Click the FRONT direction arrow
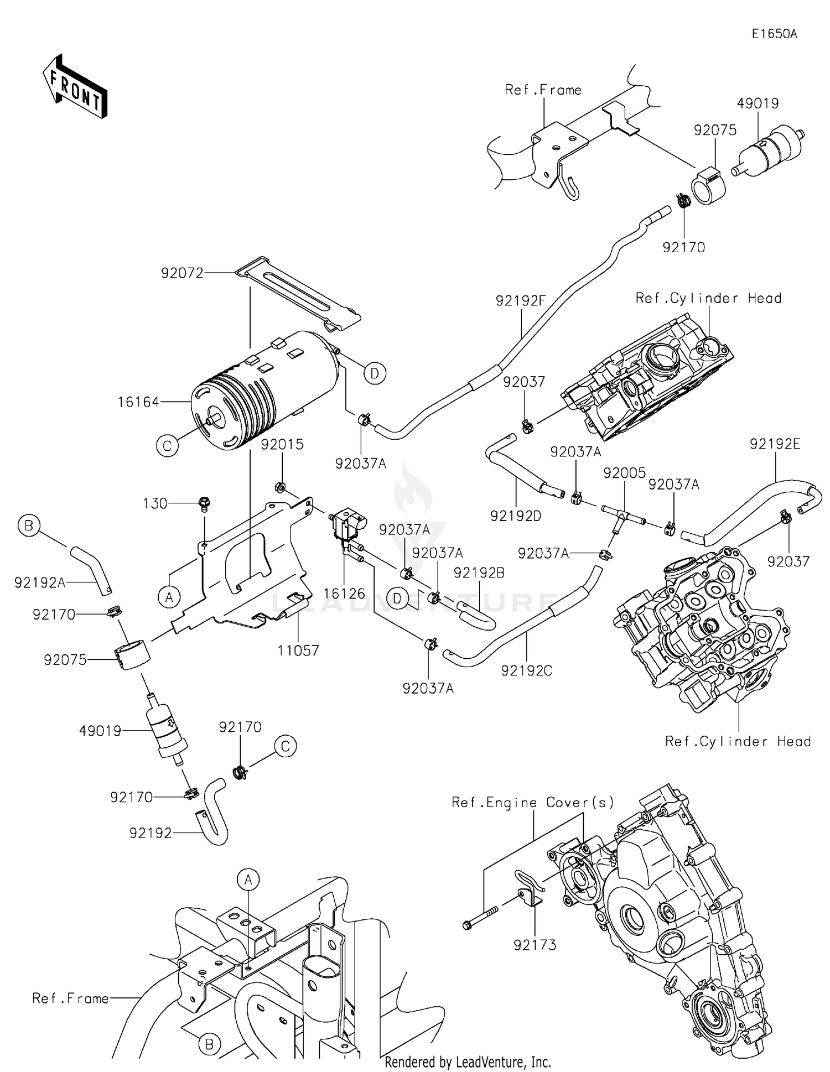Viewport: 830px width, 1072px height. coord(75,87)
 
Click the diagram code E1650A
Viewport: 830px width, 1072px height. coord(774,34)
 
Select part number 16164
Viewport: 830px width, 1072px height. coord(138,402)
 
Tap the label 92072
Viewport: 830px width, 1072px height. coord(182,273)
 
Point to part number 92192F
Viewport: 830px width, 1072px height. coord(521,301)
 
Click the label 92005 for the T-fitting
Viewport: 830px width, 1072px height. coord(624,473)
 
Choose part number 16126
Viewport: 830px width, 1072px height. coord(344,594)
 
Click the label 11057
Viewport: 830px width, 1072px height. coord(298,651)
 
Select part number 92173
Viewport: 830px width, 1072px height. coord(535,945)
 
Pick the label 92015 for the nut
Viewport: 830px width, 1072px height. coord(282,444)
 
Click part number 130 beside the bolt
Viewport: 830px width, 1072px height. coord(155,503)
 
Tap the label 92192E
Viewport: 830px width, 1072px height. coord(775,444)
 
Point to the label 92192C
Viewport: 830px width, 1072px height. coord(526,670)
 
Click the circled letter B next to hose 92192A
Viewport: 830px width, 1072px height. coord(29,525)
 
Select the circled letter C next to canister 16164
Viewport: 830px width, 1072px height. coord(167,445)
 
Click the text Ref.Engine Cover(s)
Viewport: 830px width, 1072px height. coord(533,802)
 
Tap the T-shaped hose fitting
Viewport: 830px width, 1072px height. coord(621,516)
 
